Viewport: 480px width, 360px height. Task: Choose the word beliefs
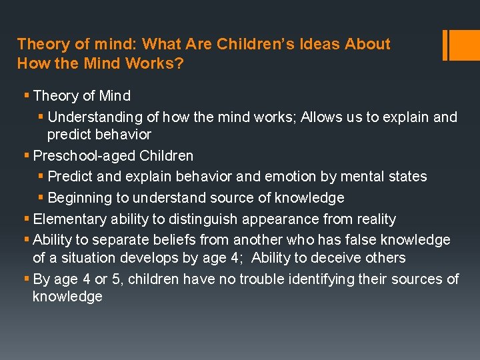coord(174,240)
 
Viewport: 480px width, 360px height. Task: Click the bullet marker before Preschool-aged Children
coord(27,156)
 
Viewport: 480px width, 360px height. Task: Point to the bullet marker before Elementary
coord(27,219)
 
